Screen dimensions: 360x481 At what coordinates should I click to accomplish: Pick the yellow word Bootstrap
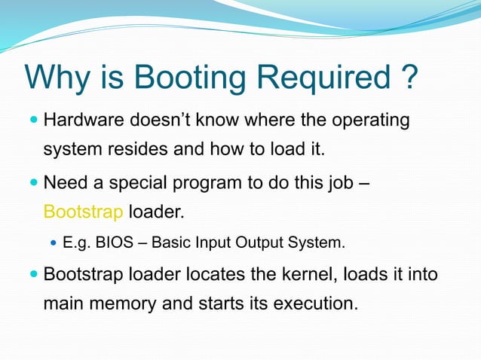[x=83, y=212]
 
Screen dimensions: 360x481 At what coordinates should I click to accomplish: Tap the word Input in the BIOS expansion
[x=215, y=244]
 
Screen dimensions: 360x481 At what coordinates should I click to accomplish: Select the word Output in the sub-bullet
[x=259, y=244]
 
